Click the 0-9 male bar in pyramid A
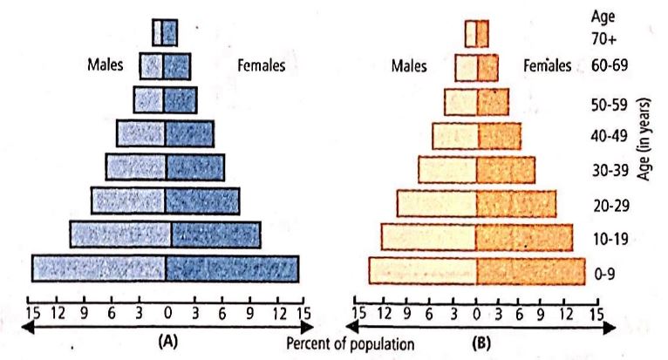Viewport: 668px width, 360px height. click(99, 268)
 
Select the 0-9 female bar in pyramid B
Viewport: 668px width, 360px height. click(530, 271)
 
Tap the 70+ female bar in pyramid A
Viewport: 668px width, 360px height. click(170, 32)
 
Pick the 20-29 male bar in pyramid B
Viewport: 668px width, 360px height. click(437, 203)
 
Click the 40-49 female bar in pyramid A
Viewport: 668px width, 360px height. click(189, 132)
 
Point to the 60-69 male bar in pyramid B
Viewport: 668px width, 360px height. click(466, 67)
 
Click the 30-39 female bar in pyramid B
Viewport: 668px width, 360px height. click(506, 169)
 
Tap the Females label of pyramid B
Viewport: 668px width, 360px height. click(548, 65)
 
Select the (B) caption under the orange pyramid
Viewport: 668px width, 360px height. click(478, 342)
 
